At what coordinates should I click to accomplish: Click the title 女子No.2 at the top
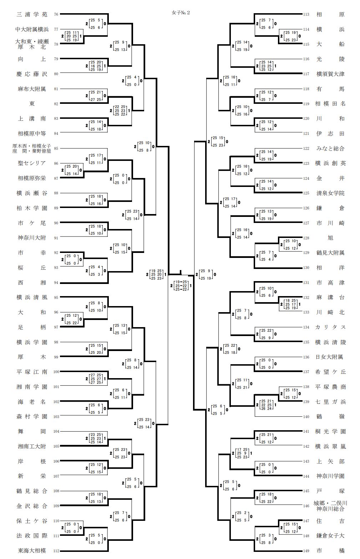181,13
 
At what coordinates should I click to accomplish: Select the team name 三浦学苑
32,15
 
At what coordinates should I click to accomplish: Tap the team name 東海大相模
32,550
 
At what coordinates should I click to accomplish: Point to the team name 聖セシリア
32,163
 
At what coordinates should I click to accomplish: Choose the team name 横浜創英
330,163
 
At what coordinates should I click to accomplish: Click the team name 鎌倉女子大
330,535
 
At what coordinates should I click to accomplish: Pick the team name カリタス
330,327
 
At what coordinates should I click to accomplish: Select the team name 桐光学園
330,431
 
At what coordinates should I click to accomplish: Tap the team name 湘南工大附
32,446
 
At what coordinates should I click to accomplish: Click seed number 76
56,15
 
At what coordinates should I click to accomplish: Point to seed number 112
56,550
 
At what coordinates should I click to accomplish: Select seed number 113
306,15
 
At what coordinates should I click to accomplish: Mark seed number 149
306,550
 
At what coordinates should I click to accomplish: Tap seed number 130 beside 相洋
306,268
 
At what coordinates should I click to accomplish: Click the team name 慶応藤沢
32,74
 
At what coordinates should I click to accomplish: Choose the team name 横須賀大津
330,74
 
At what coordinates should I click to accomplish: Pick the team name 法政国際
32,535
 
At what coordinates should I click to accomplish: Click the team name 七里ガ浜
330,402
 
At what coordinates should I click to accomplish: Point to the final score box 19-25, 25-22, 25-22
181,285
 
